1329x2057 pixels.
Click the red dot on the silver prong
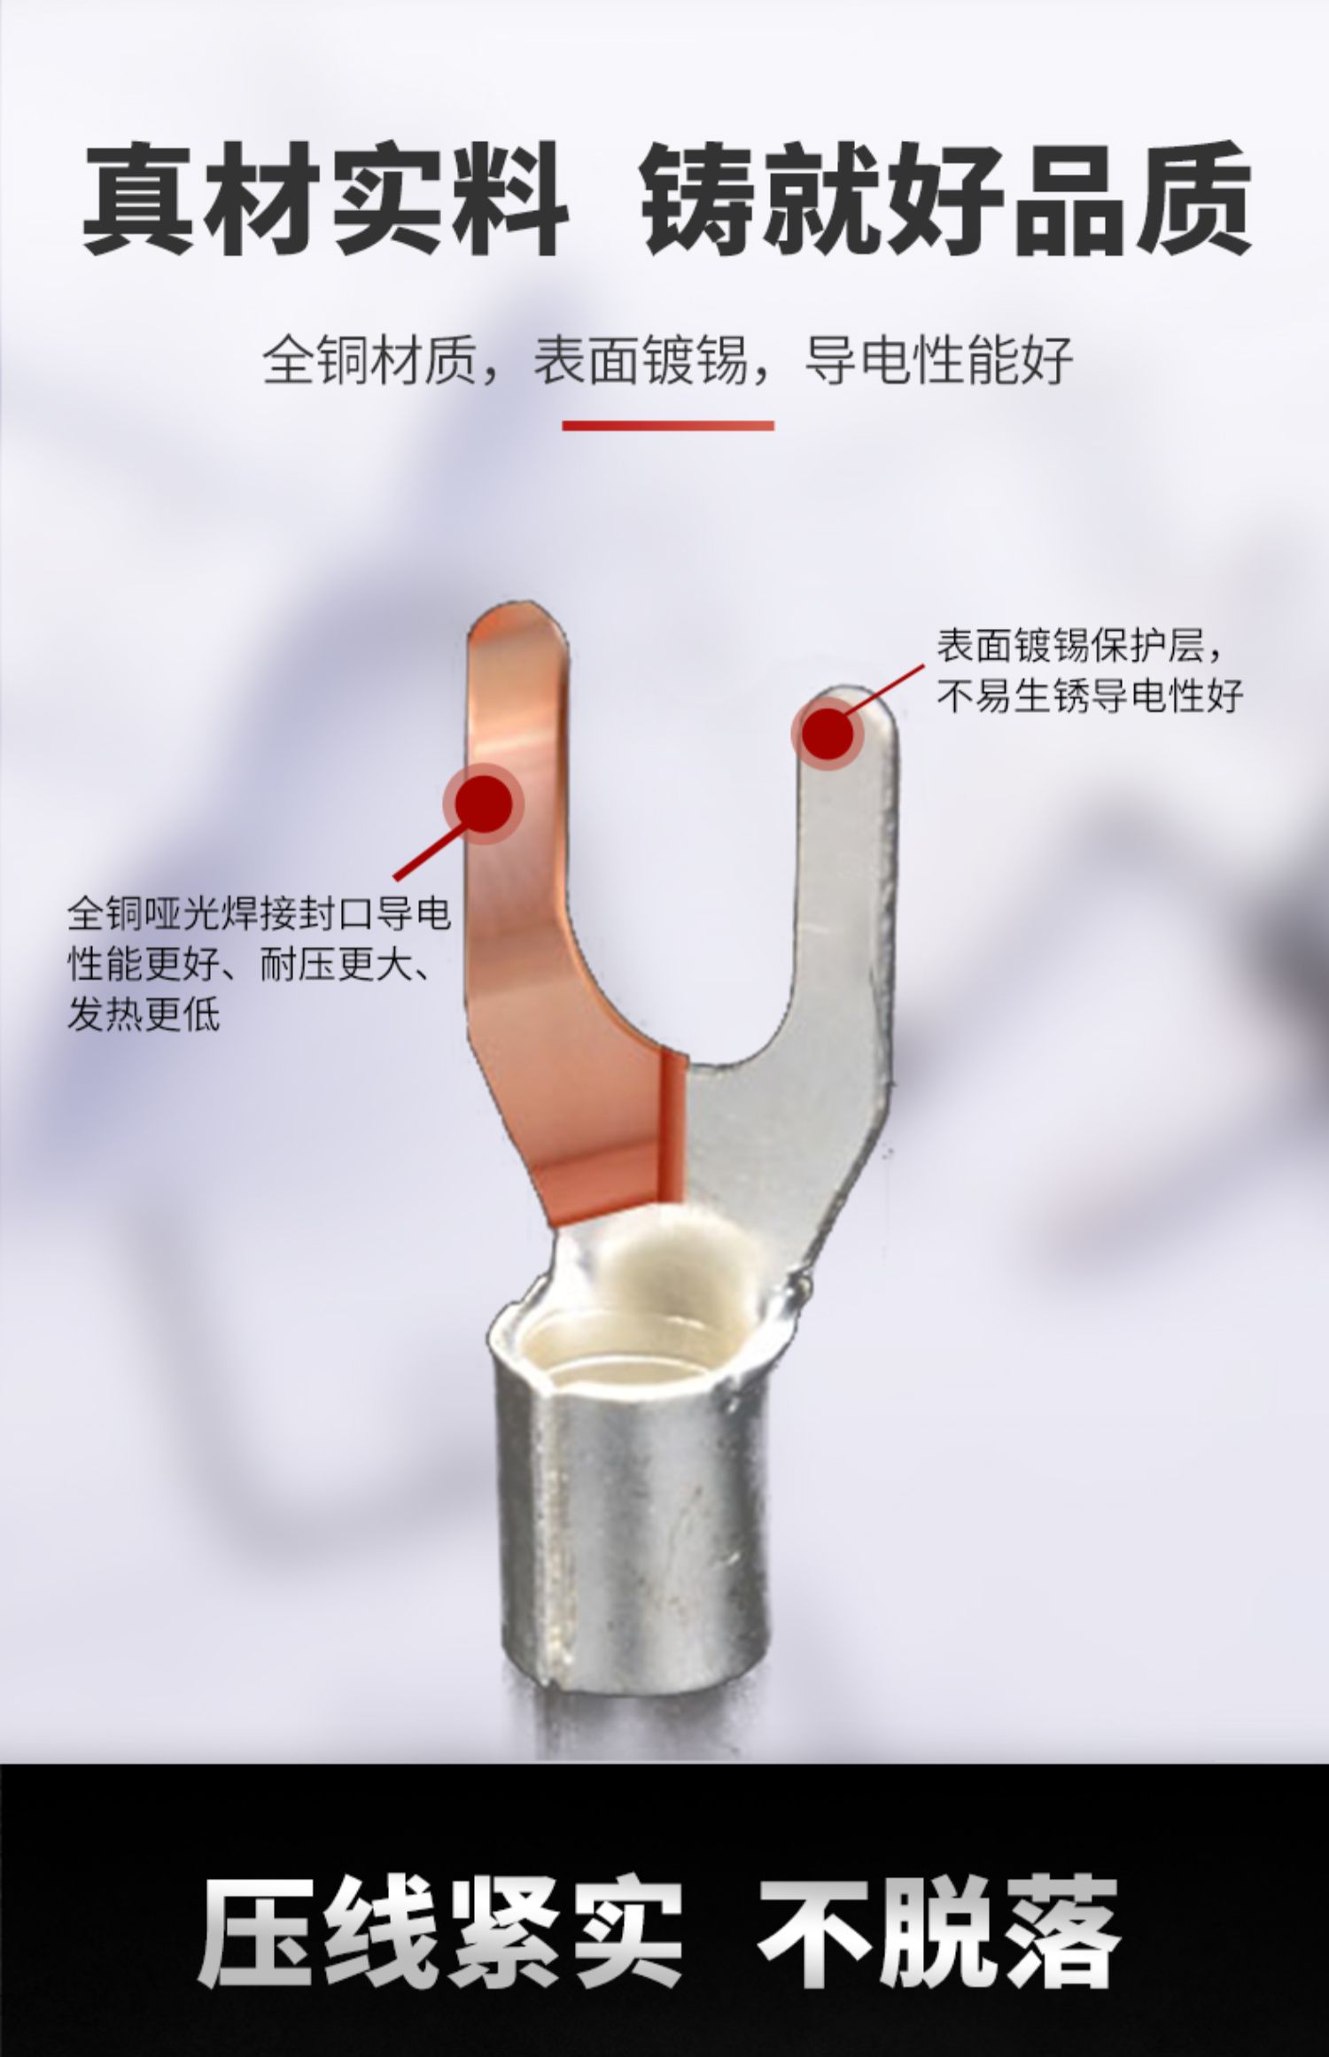coord(829,733)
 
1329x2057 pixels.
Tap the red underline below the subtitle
coord(668,425)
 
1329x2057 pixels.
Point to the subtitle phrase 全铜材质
coord(369,359)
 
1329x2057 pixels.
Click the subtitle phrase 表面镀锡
coord(641,359)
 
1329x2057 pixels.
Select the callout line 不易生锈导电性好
coord(1091,696)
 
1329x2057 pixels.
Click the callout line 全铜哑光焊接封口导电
coord(260,913)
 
